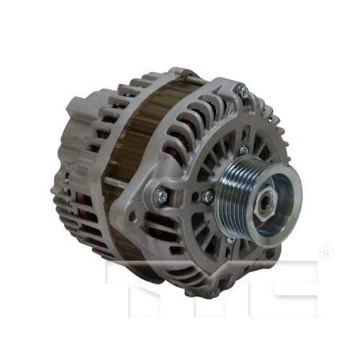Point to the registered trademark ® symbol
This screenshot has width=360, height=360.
click(x=326, y=253)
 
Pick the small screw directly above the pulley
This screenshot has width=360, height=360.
click(x=243, y=150)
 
